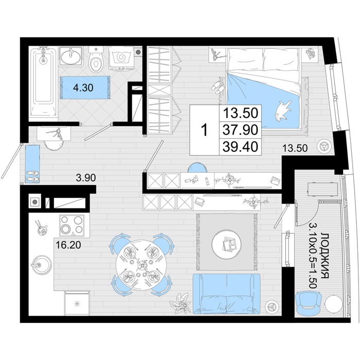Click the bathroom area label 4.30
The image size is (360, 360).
pyautogui.click(x=83, y=88)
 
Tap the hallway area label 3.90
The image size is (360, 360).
pyautogui.click(x=86, y=178)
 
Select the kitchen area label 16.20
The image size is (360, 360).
pyautogui.click(x=68, y=245)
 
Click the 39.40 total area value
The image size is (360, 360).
pyautogui.click(x=240, y=147)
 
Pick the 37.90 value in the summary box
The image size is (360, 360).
pyautogui.click(x=240, y=130)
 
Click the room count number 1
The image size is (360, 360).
pyautogui.click(x=204, y=130)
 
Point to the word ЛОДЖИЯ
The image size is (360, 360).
pyautogui.click(x=325, y=255)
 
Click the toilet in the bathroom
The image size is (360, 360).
pyautogui.click(x=96, y=59)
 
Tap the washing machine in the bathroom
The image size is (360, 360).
pyautogui.click(x=121, y=58)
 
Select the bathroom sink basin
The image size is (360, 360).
pyautogui.click(x=71, y=57)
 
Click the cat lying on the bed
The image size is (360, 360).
pyautogui.click(x=283, y=110)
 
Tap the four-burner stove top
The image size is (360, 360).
pyautogui.click(x=71, y=226)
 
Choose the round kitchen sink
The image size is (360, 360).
pyautogui.click(x=42, y=264)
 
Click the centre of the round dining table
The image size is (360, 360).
pyautogui.click(x=141, y=265)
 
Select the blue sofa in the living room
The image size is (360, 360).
pyautogui.click(x=227, y=294)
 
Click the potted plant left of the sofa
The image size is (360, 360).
pyautogui.click(x=181, y=303)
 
